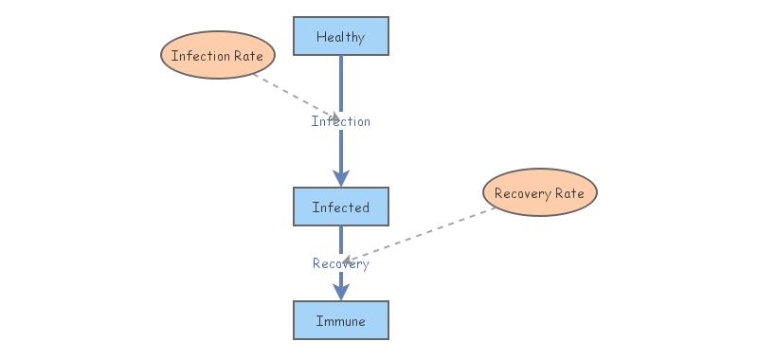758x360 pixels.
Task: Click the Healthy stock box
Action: pos(340,36)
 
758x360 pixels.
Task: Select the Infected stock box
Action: pos(340,207)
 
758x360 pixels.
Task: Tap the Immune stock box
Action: pos(340,320)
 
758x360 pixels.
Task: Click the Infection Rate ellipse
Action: pos(217,56)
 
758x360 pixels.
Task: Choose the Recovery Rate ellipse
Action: pos(540,193)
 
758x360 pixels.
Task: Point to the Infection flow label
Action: pos(341,121)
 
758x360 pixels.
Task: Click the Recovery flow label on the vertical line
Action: pos(341,263)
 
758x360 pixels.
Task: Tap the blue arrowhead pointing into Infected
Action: pos(341,177)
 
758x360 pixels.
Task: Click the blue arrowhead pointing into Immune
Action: pos(341,292)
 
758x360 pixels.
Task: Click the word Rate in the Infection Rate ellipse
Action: pos(248,56)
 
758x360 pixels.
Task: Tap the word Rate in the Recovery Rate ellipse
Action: pos(570,193)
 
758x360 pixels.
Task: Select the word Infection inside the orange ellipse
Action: pos(201,56)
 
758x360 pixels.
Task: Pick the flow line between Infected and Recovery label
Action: pos(341,239)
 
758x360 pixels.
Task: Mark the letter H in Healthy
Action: pos(320,37)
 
